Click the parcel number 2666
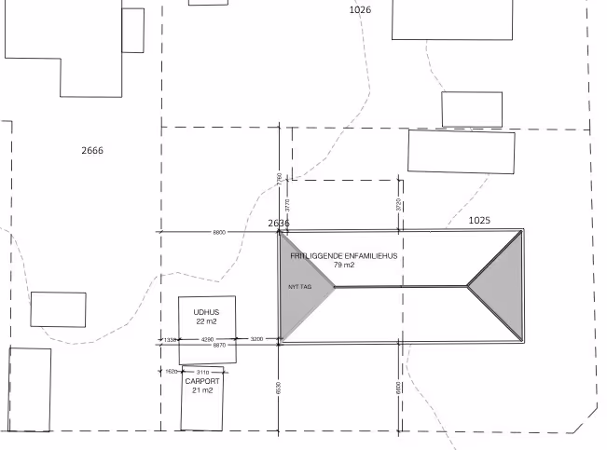[92, 150]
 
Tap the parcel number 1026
[360, 10]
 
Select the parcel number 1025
[479, 221]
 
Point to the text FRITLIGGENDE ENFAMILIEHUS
[344, 255]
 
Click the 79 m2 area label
[344, 266]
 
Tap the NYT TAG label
[299, 287]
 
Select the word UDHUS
[206, 312]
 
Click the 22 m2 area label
[206, 321]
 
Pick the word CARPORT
[202, 381]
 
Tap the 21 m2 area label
[202, 390]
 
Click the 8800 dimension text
[219, 231]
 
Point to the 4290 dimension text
[206, 339]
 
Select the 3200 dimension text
[257, 339]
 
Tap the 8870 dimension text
[219, 346]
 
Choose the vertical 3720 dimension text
[398, 205]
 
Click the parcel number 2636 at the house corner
[279, 224]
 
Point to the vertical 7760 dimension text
[279, 178]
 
